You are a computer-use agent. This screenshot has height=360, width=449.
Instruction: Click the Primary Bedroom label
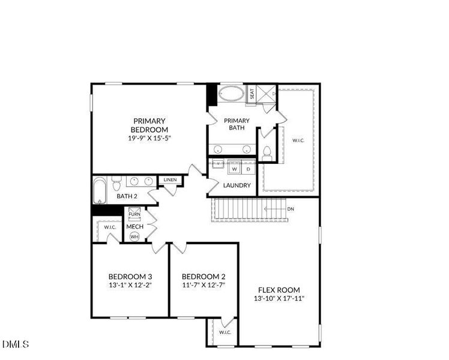(149, 125)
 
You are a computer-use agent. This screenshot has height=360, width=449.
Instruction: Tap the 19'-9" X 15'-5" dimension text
(149, 138)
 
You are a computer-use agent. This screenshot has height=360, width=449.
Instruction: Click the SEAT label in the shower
(252, 94)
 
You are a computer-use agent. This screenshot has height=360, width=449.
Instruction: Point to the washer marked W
(235, 169)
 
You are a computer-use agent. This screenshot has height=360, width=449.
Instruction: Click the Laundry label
(237, 185)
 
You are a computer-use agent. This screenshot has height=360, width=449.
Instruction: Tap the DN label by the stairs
(291, 209)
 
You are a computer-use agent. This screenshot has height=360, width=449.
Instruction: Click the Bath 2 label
(127, 196)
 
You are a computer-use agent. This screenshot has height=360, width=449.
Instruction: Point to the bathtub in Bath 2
(99, 191)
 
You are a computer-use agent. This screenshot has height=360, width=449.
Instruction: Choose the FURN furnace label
(134, 214)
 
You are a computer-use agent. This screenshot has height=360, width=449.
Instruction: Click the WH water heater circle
(134, 236)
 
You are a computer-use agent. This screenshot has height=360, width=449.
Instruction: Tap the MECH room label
(134, 227)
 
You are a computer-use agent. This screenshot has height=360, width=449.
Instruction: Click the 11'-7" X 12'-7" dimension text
(204, 285)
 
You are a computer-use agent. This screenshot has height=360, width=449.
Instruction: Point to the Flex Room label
(279, 290)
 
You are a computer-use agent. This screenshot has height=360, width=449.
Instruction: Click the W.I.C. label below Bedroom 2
(224, 332)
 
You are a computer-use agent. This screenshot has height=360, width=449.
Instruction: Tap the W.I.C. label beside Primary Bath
(298, 140)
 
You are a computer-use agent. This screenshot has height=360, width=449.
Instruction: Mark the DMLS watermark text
(16, 344)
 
